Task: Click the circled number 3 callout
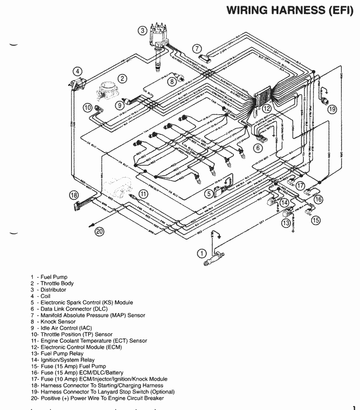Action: (x=142, y=31)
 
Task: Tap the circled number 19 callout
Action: (x=332, y=109)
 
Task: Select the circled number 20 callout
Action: (x=99, y=231)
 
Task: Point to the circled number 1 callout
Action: (x=202, y=253)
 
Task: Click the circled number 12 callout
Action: (x=266, y=109)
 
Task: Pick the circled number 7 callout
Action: (x=197, y=48)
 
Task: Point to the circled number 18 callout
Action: (x=73, y=195)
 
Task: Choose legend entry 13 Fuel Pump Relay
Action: (x=55, y=353)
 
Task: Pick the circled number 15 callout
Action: (x=315, y=220)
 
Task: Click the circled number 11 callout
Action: (x=143, y=194)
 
